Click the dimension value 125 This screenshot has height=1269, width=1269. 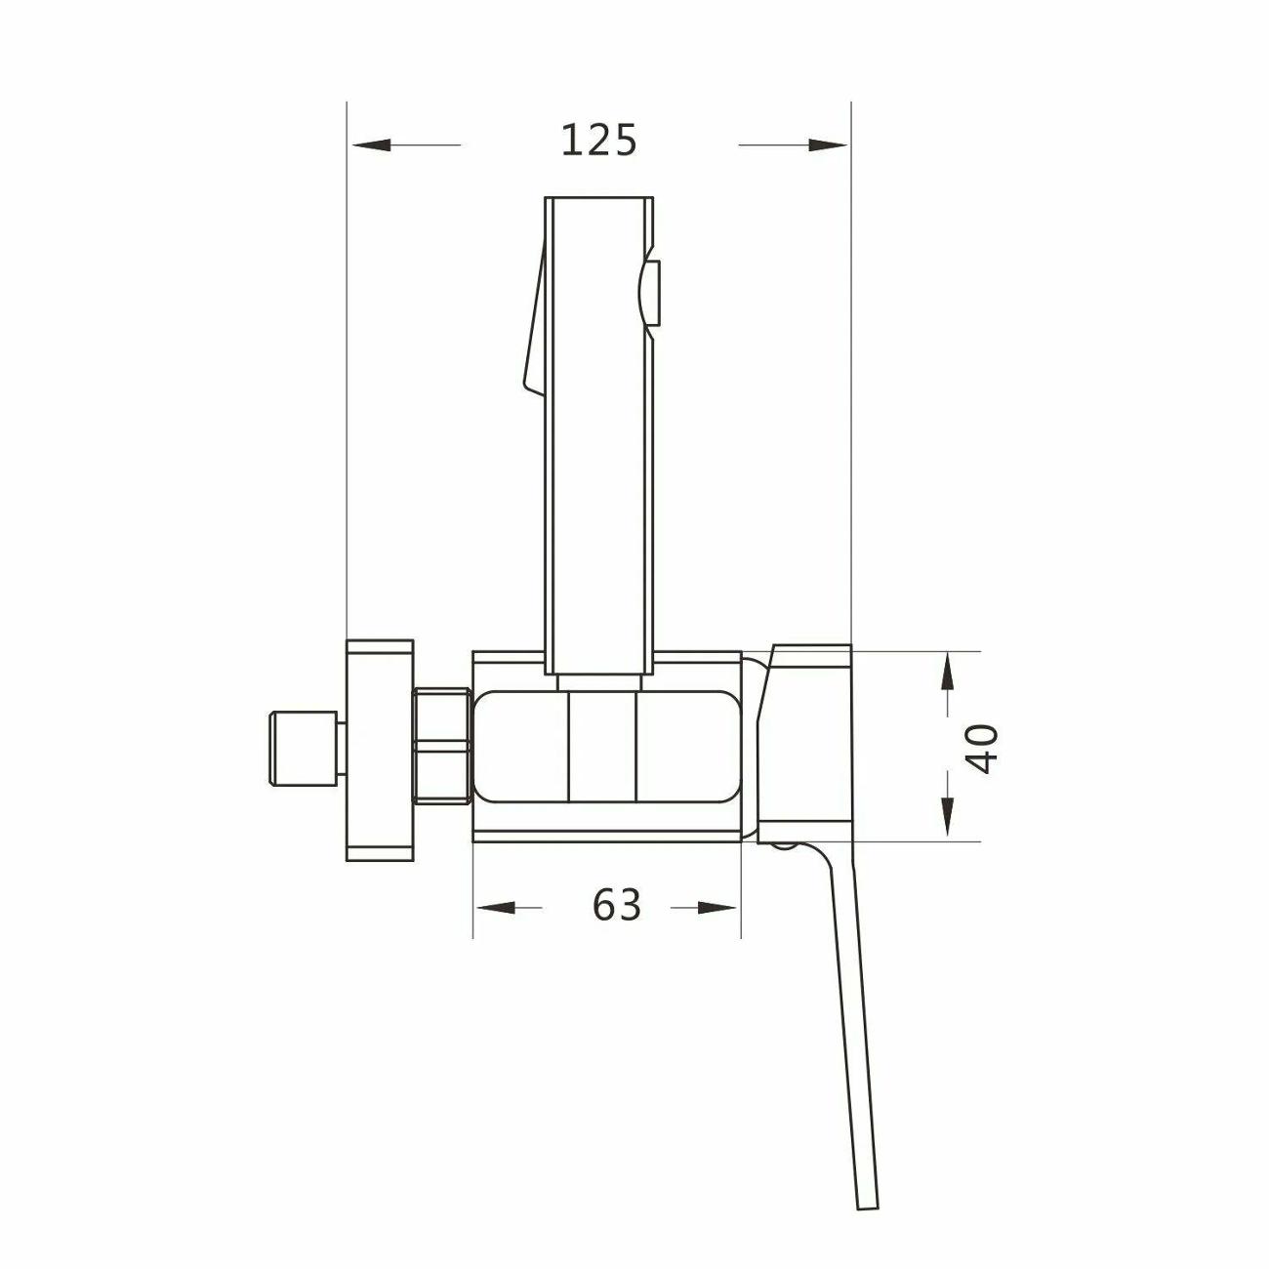[598, 141]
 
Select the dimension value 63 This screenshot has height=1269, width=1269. [617, 906]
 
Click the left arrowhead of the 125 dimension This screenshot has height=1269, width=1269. [372, 145]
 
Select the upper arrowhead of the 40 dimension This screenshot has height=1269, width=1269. [947, 674]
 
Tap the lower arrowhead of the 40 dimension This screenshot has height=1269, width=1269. [947, 816]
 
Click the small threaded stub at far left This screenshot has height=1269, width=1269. [304, 750]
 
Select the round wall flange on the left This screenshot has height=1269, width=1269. [380, 750]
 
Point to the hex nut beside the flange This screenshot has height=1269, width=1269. [442, 747]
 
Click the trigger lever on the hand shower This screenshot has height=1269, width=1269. [533, 322]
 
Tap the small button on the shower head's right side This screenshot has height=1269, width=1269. [652, 293]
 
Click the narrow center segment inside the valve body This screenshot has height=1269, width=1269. [601, 748]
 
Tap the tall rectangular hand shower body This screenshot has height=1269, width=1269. [597, 430]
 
